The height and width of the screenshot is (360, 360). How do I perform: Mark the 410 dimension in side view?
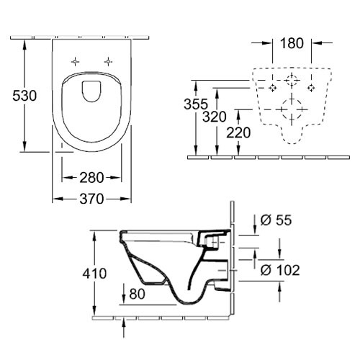pyautogui.click(x=94, y=274)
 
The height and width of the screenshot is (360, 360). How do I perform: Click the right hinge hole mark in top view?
pyautogui.click(x=108, y=62)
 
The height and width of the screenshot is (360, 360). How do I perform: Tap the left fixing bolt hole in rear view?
pyautogui.click(x=272, y=88)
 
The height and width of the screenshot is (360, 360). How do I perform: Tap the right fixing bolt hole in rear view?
pyautogui.click(x=311, y=88)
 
